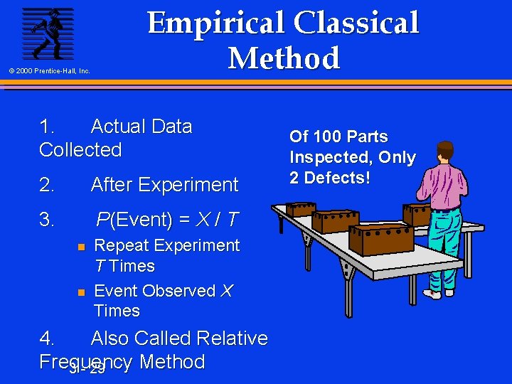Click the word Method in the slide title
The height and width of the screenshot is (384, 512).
pos(284,58)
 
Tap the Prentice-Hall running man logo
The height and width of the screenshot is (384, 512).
pos(47,33)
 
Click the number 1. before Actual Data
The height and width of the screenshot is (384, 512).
pos(48,127)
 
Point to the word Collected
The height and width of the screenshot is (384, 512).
pos(80,150)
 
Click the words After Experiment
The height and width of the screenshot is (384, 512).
pos(164,185)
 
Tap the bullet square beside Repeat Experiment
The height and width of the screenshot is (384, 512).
pos(81,247)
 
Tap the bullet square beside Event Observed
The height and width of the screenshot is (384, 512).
pos(81,292)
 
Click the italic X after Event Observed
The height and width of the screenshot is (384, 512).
pos(227,291)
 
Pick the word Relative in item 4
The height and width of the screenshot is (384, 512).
pos(229,338)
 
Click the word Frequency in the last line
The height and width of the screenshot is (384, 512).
pos(86,362)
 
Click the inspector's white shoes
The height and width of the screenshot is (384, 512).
pos(439,292)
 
